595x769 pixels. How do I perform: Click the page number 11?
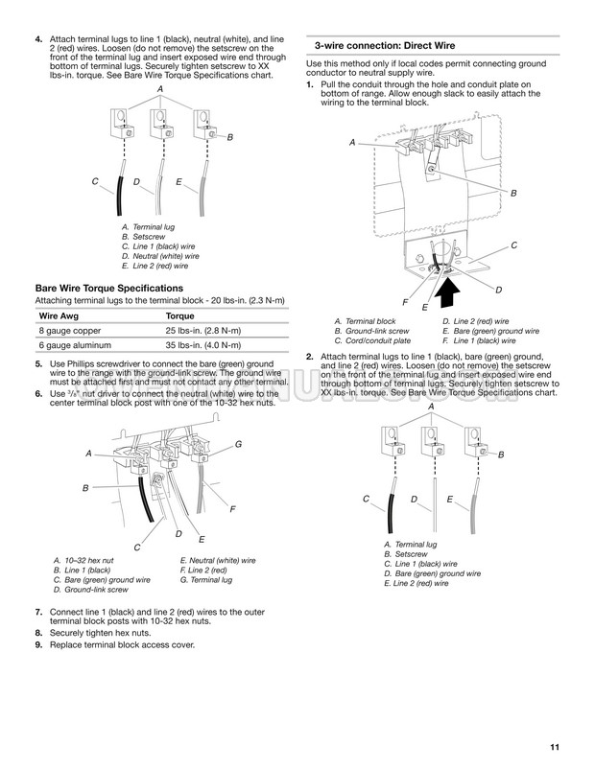click(555, 747)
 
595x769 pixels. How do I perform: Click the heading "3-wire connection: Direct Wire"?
click(385, 46)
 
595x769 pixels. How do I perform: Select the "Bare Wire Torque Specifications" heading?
click(109, 289)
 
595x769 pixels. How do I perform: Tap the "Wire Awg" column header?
click(59, 315)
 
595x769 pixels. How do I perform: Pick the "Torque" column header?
click(179, 316)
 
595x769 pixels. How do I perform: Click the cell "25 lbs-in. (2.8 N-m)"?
click(203, 331)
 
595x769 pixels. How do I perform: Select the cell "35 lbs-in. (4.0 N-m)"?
click(203, 345)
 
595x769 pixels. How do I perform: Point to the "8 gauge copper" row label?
click(70, 331)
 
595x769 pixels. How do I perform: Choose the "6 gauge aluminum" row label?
click(75, 345)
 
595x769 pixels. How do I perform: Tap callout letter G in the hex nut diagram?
click(238, 444)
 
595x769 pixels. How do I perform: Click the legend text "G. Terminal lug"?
click(206, 580)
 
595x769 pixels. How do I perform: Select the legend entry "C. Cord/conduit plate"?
click(372, 340)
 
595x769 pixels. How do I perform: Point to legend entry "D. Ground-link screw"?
click(91, 590)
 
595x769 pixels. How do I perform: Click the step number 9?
click(38, 645)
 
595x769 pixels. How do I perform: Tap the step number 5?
click(38, 364)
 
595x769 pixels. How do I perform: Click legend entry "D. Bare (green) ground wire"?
click(433, 573)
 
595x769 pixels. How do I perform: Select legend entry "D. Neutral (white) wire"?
click(160, 257)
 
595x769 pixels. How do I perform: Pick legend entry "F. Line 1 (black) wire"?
click(479, 340)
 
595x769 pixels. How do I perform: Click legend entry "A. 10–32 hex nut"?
click(83, 561)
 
